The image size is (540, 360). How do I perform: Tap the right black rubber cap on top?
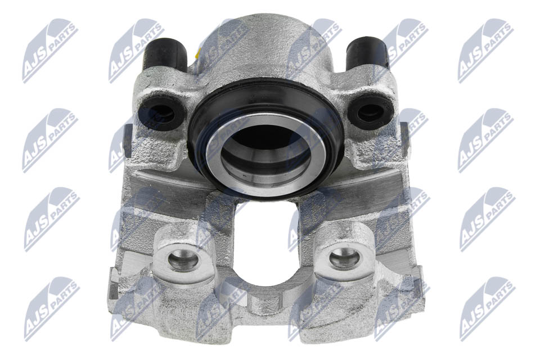click(x=367, y=53)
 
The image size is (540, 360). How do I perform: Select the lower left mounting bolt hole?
click(x=183, y=259)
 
